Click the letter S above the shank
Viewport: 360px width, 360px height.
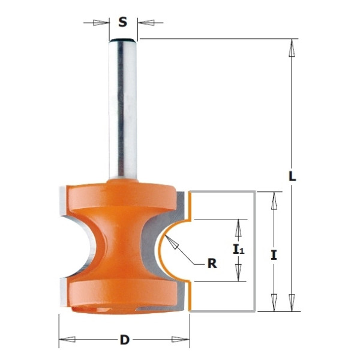point(122,22)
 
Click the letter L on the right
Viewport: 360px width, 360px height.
point(292,176)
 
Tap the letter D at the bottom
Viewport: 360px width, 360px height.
point(125,340)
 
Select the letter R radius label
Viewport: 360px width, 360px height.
point(212,264)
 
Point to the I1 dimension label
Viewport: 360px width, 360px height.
point(239,250)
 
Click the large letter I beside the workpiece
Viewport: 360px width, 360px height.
point(274,256)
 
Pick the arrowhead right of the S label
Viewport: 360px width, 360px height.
point(146,23)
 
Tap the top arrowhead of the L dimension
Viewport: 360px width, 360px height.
point(292,48)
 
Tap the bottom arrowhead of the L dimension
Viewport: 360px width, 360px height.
point(292,302)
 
